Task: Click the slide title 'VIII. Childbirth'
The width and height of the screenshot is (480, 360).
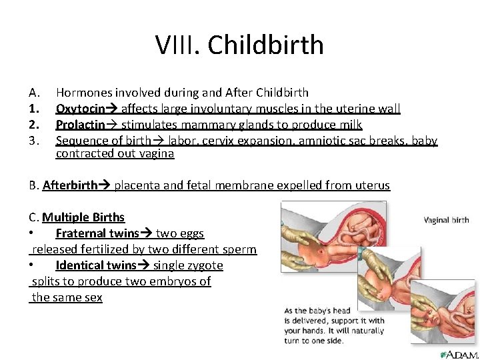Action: click(239, 45)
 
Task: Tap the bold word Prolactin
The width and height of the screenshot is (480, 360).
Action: click(80, 124)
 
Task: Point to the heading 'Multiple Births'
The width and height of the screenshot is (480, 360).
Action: click(83, 217)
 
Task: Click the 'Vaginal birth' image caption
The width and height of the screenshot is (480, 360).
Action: click(446, 220)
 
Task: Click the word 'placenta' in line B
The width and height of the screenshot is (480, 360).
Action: click(136, 185)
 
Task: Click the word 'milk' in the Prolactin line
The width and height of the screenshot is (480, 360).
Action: click(349, 124)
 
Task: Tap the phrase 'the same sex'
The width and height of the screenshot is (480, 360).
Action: click(67, 297)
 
